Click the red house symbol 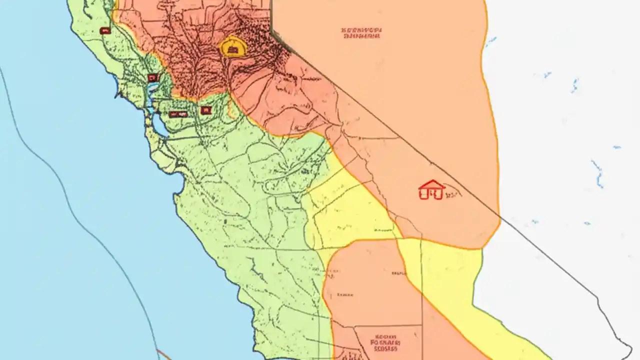coord(431,190)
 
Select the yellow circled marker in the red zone coord(233,47)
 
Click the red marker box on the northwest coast coord(105,30)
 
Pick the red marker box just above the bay coord(153,77)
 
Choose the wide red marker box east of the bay coord(177,114)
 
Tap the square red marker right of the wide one coord(206,110)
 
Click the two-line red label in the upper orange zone coord(362,33)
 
